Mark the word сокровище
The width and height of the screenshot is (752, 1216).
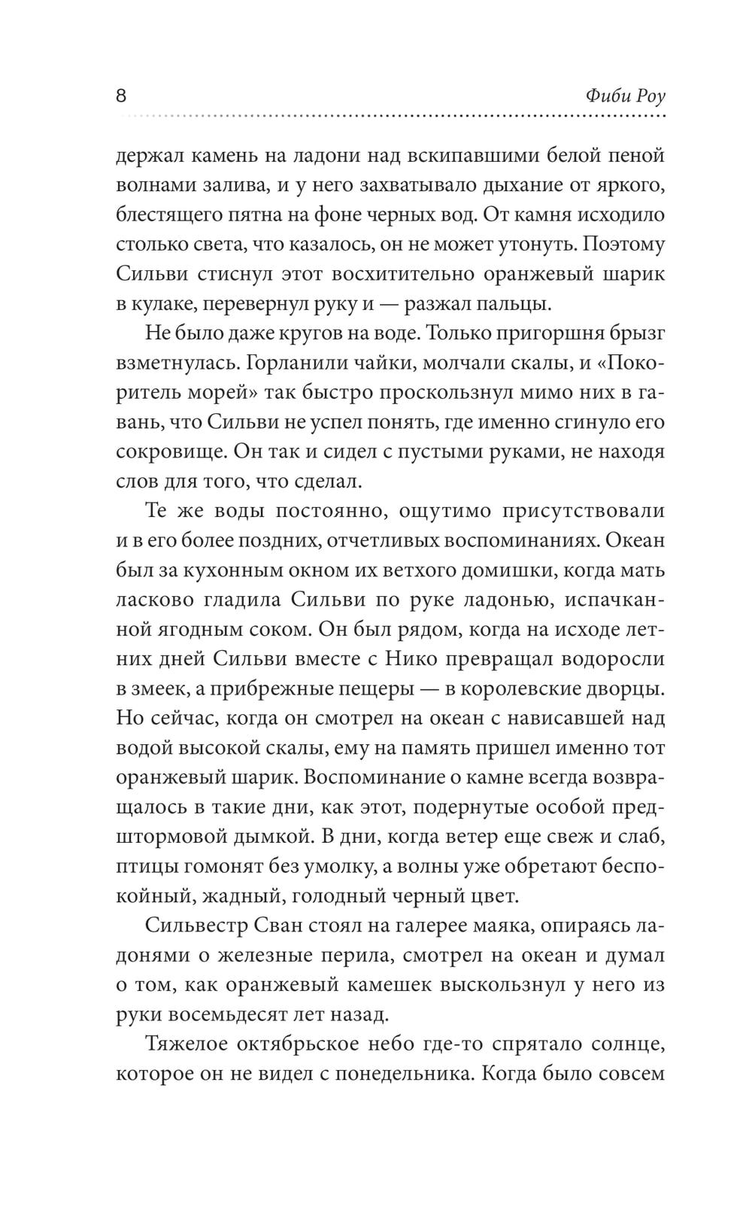(161, 451)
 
